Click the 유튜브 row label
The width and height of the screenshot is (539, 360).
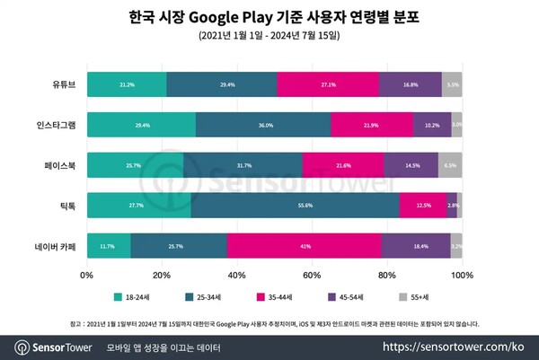click(64, 84)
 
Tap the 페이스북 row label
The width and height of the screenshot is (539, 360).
click(61, 165)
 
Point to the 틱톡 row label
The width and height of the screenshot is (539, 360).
click(68, 206)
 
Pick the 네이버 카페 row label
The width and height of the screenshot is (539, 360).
click(58, 246)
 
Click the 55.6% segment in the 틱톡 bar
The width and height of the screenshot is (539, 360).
click(295, 206)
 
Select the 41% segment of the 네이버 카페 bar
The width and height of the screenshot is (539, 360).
click(305, 246)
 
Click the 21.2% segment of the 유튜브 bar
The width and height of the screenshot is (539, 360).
click(127, 84)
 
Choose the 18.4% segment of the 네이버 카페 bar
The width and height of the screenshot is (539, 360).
click(416, 246)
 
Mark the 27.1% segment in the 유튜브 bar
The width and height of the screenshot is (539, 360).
click(328, 84)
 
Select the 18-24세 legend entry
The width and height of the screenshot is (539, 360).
click(136, 295)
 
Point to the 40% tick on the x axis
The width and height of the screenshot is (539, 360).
click(236, 274)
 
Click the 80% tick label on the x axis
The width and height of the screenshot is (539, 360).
click(386, 274)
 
